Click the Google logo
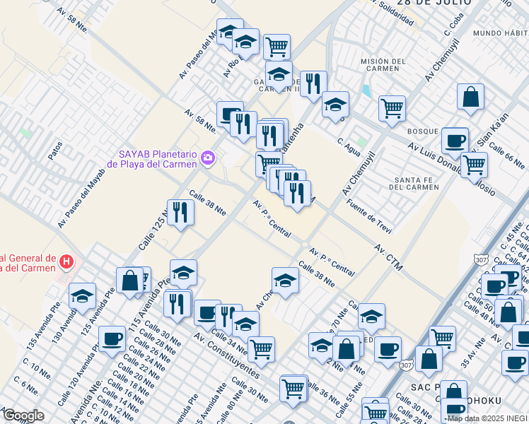pyautogui.click(x=23, y=416)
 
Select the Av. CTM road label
pyautogui.click(x=388, y=258)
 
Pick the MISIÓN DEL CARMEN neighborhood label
pyautogui.click(x=383, y=66)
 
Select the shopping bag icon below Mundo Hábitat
pyautogui.click(x=470, y=97)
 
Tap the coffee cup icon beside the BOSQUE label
pyautogui.click(x=455, y=139)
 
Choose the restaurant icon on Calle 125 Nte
pyautogui.click(x=180, y=211)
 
